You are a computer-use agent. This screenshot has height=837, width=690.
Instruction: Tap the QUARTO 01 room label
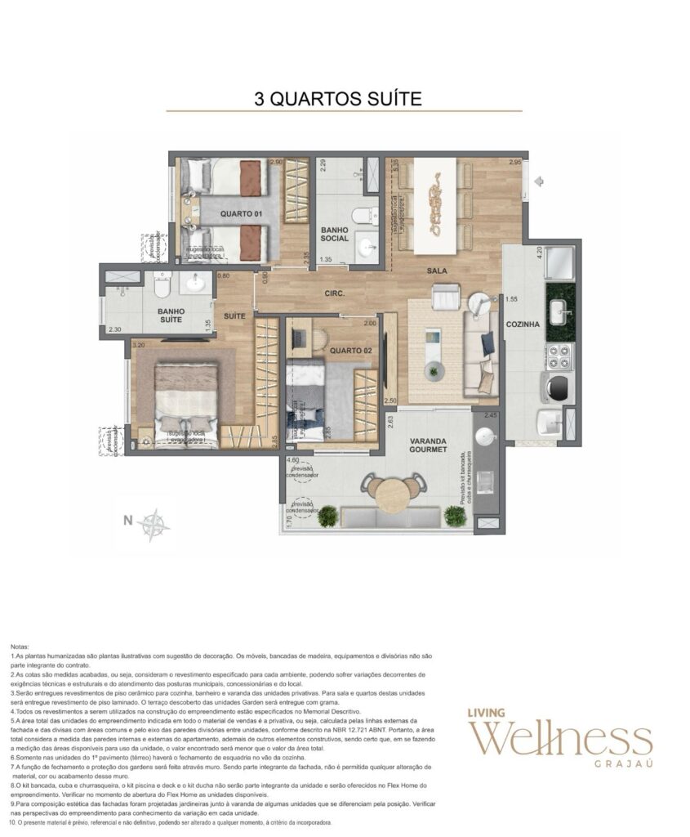[x=242, y=213]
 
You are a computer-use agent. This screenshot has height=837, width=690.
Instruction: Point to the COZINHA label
[x=523, y=325]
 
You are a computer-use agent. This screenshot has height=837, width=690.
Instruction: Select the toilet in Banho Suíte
[x=160, y=283]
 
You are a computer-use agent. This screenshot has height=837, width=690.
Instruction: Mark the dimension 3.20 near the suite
[x=139, y=345]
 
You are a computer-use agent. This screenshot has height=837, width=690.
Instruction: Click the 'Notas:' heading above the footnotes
[x=22, y=646]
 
